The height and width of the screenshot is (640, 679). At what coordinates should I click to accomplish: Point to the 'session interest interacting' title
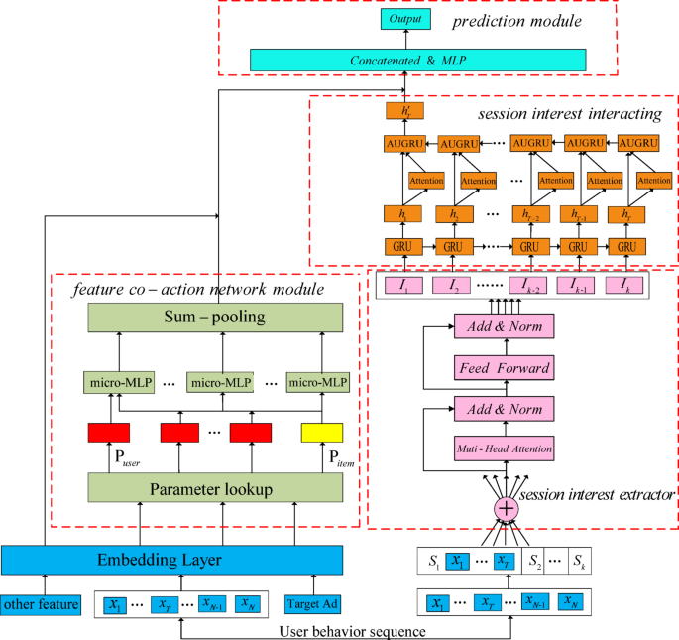coord(570,114)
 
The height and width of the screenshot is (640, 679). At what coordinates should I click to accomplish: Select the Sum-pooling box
coord(215,318)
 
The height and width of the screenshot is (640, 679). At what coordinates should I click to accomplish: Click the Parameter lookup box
coord(215,488)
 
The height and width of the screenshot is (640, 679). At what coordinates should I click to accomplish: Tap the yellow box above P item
coord(321,432)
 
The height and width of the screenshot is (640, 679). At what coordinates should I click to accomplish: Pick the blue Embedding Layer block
coord(138,561)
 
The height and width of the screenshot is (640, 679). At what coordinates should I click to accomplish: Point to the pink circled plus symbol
coord(506,507)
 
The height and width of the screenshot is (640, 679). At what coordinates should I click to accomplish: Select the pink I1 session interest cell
coord(404,286)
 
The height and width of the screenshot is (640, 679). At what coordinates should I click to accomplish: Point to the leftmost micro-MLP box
coord(116,382)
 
